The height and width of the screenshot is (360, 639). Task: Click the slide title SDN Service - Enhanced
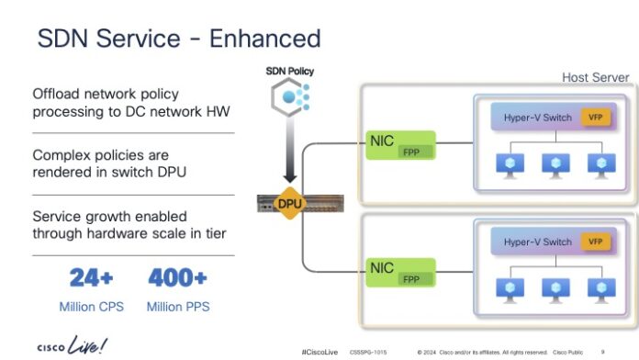pyautogui.click(x=178, y=38)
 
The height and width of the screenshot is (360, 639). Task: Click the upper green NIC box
pyautogui.click(x=398, y=146)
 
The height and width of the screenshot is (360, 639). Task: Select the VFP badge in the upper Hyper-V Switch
pyautogui.click(x=596, y=119)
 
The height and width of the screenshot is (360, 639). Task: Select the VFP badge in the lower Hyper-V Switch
pyautogui.click(x=596, y=242)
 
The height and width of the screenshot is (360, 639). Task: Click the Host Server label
pyautogui.click(x=596, y=77)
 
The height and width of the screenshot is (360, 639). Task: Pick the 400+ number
pyautogui.click(x=176, y=277)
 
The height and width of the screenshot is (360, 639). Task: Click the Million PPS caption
pyautogui.click(x=176, y=307)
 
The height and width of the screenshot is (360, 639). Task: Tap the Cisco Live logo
pyautogui.click(x=71, y=345)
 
